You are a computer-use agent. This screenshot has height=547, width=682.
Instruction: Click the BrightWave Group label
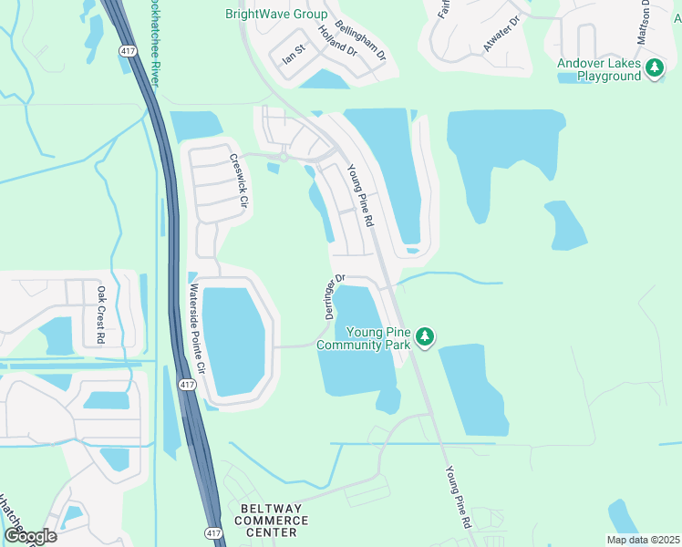[277, 14]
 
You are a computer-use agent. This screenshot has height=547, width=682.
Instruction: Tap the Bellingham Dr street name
[361, 41]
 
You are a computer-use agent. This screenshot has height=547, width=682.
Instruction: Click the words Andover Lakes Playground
[599, 70]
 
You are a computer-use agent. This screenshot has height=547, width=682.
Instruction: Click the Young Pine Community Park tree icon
[424, 337]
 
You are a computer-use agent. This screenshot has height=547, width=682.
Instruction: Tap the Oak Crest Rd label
[100, 315]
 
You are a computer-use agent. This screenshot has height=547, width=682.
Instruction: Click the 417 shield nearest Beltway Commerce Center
[212, 532]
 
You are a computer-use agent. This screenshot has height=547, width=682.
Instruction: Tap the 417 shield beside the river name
[127, 52]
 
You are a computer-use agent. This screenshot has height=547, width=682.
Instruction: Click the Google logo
[30, 535]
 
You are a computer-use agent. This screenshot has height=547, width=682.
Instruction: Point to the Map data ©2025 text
[642, 540]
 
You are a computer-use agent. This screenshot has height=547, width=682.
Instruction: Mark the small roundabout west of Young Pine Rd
[284, 157]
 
